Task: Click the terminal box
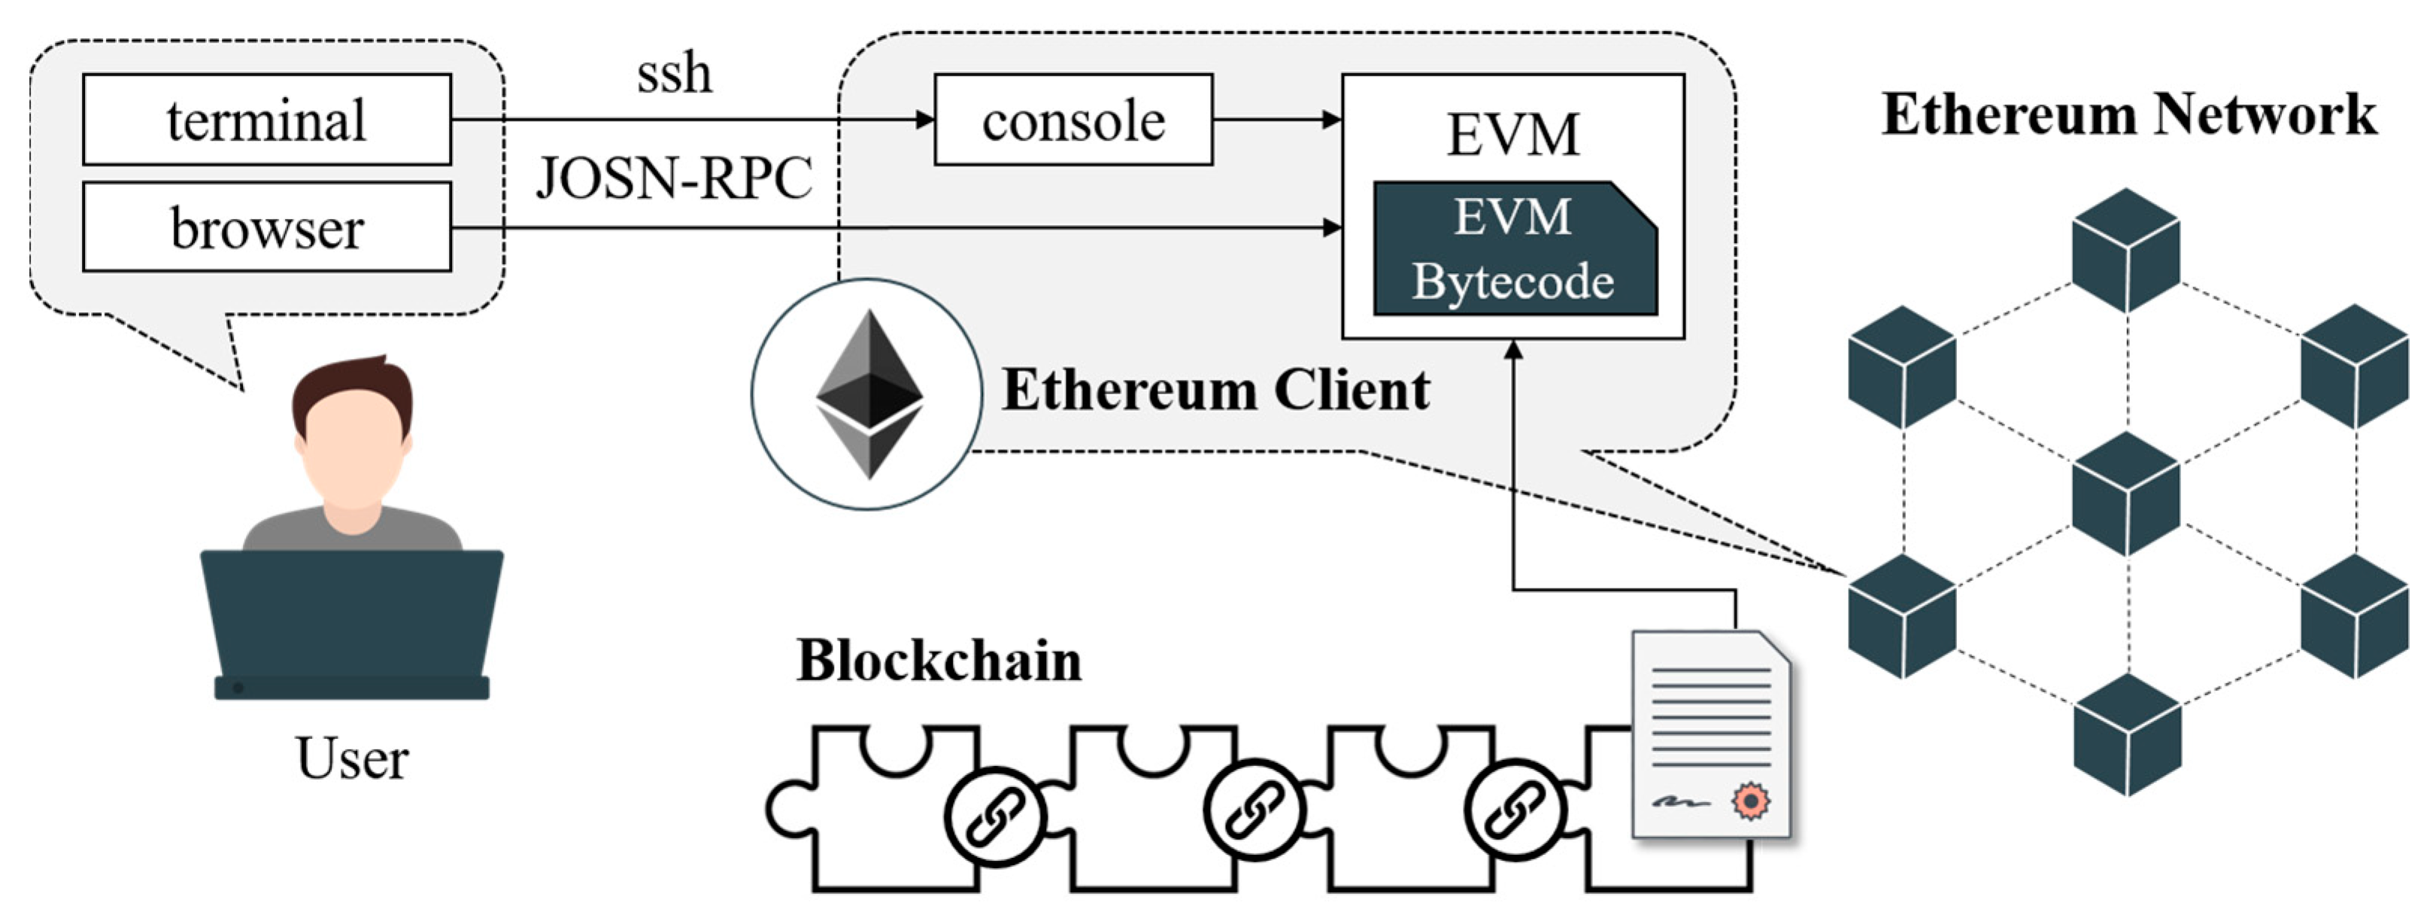click(x=267, y=120)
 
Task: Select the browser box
click(x=267, y=227)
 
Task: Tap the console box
click(x=1073, y=120)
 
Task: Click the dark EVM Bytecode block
click(x=1513, y=249)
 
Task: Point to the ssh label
click(x=674, y=74)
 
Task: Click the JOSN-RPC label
click(x=674, y=178)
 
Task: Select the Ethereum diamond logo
click(x=869, y=394)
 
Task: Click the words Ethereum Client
click(x=1215, y=390)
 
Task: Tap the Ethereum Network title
click(x=2128, y=115)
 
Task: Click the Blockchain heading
click(x=939, y=661)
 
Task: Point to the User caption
click(x=352, y=758)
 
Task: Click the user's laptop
click(x=352, y=623)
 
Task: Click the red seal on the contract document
click(x=1751, y=801)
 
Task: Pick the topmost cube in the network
click(x=2126, y=249)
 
